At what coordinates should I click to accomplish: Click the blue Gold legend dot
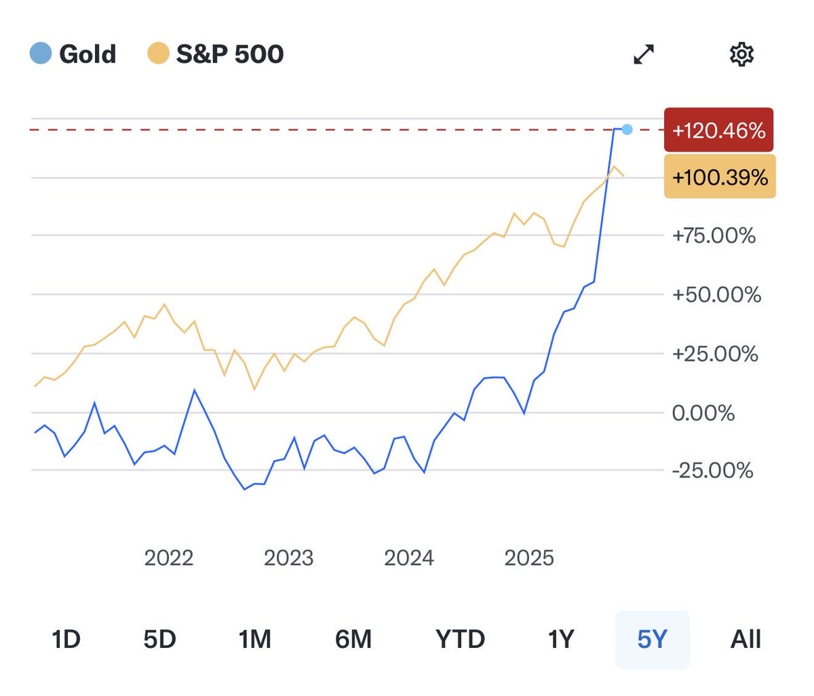coord(41,54)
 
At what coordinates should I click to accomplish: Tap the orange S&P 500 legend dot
coord(158,54)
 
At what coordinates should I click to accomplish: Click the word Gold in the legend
coord(88,54)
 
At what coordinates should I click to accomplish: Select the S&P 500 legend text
coord(230,54)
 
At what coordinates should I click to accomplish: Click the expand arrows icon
coord(644,54)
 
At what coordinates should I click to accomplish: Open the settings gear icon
coord(741,54)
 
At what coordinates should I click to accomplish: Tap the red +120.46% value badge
coord(719,130)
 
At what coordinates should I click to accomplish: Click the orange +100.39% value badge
coord(720,178)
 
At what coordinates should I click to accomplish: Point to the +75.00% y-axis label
coord(714,235)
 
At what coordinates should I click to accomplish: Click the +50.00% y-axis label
coord(716,294)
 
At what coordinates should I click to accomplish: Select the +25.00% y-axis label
coord(715,353)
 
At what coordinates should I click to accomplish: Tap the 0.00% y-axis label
coord(703,412)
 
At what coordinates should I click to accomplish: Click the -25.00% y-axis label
coord(712,470)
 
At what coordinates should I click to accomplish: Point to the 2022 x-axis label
coord(169,558)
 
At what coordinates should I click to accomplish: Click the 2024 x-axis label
coord(409,558)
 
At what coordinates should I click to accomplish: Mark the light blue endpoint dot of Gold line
coord(627,130)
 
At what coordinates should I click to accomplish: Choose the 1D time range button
coord(66,639)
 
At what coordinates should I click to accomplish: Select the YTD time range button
coord(460,639)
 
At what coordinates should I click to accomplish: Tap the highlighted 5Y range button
coord(652,639)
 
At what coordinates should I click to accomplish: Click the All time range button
coord(745,639)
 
